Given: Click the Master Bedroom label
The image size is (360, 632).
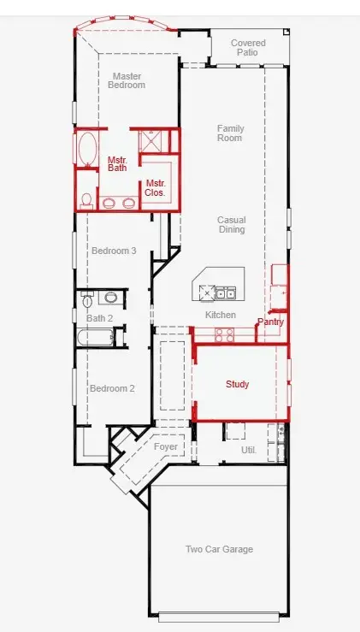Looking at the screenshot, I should click(127, 80).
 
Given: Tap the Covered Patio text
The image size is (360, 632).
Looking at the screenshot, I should click(248, 48).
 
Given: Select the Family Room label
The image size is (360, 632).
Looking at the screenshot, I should click(230, 133).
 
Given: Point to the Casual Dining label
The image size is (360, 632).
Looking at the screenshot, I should click(231, 224).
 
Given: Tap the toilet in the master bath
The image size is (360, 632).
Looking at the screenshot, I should click(86, 200).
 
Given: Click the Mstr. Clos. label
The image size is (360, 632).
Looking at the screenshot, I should click(155, 188).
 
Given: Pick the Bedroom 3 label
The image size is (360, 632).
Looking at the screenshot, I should click(114, 251).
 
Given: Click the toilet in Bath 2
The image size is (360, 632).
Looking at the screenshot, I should click(88, 301).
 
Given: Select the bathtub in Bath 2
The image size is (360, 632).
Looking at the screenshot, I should click(94, 339).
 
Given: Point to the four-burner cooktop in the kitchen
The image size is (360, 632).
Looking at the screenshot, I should click(224, 334).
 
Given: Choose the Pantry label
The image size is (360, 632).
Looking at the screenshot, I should click(270, 322).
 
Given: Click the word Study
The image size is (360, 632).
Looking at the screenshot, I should click(237, 385).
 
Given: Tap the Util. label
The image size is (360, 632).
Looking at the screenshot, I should click(249, 449).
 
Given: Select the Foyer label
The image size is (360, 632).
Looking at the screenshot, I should click(165, 447).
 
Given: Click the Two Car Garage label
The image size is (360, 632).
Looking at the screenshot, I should click(219, 549).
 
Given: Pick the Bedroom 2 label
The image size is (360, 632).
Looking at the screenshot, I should click(113, 388).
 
